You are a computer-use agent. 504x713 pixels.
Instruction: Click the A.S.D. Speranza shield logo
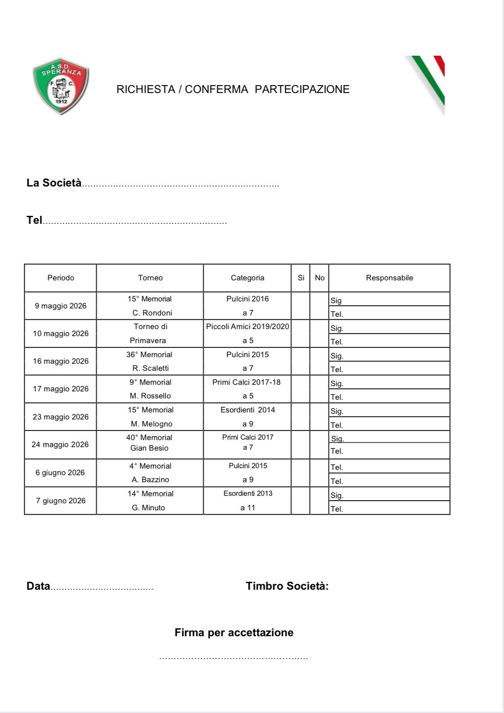[x=61, y=86]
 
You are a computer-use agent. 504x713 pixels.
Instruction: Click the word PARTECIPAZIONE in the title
[x=302, y=90]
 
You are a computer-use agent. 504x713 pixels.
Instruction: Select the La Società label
[x=54, y=183]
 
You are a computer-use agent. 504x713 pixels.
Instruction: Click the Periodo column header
[x=60, y=278]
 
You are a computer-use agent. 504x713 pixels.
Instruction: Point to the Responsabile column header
[x=389, y=278]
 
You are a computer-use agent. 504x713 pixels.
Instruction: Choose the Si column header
[x=301, y=278]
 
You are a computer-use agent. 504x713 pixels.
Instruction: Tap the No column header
[x=319, y=278]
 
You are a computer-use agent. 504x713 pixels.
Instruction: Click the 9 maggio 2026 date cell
[x=60, y=306]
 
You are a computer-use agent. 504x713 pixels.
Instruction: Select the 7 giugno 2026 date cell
[x=60, y=501]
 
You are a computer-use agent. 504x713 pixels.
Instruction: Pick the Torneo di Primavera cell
[x=150, y=333]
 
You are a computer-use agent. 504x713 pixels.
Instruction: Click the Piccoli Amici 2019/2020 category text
[x=248, y=326]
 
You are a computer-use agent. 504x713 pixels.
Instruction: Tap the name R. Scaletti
[x=150, y=368]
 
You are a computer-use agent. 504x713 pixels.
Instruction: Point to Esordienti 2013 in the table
[x=248, y=494]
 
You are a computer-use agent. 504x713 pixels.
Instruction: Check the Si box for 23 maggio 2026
[x=301, y=417]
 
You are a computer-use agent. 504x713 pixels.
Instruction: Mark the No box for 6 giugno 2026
[x=319, y=473]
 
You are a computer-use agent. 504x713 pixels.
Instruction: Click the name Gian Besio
[x=149, y=448]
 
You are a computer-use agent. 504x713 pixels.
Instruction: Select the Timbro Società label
[x=287, y=586]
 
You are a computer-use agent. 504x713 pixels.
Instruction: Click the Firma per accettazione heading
[x=234, y=633]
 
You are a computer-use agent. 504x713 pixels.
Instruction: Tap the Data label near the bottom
[x=38, y=586]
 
